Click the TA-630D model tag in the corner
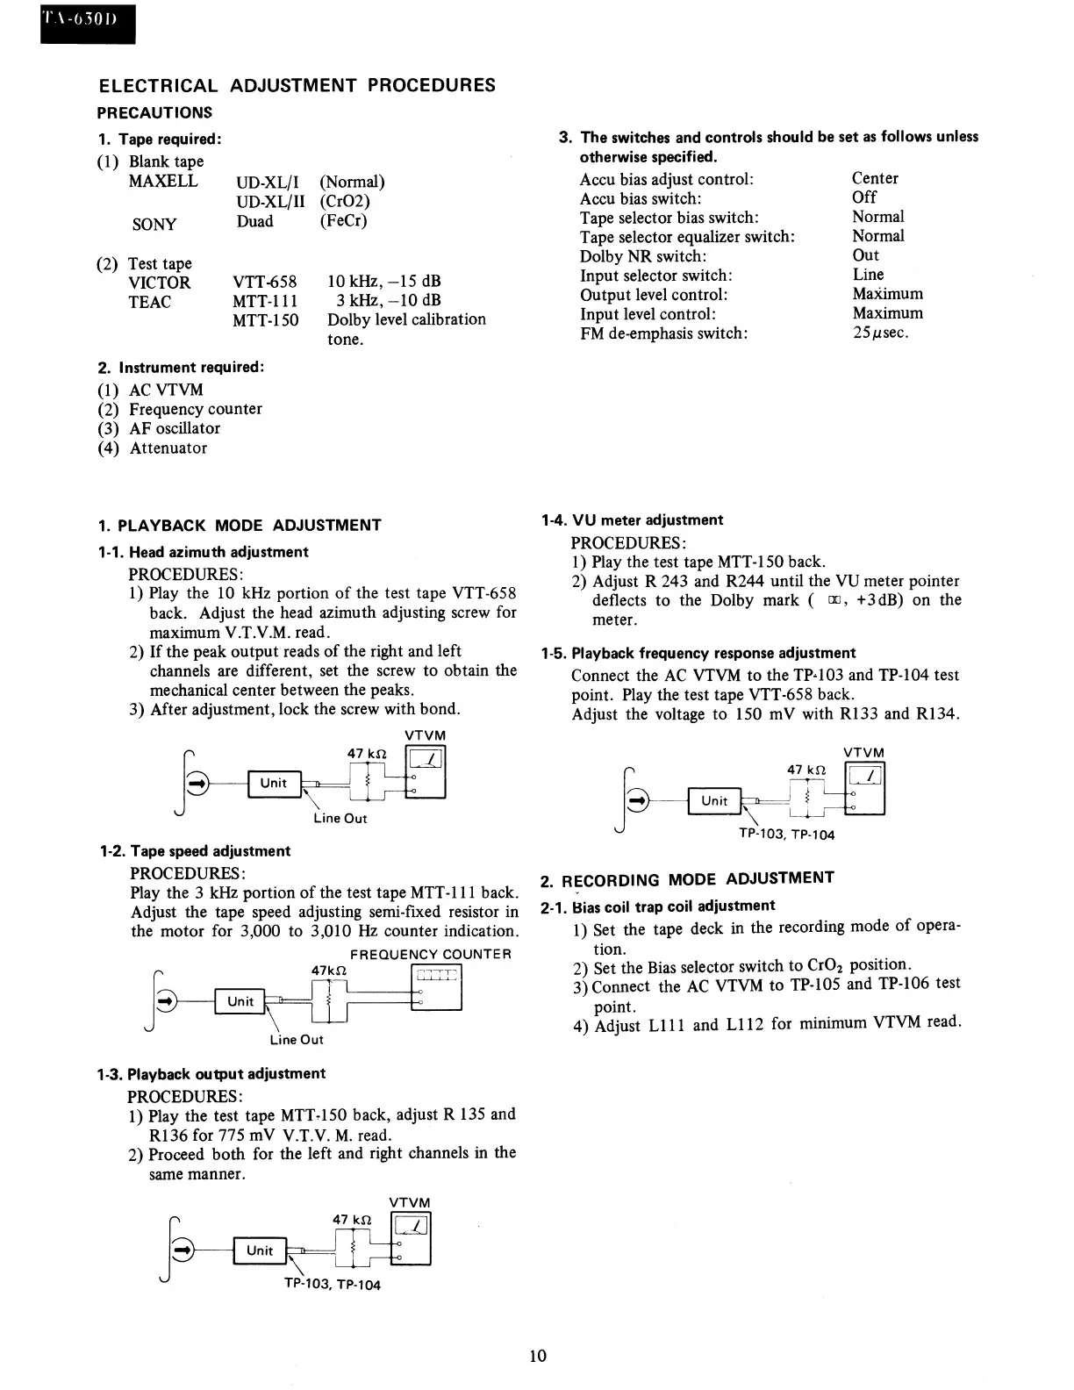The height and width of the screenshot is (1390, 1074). [x=86, y=22]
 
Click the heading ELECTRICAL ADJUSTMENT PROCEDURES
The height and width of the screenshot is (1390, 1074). [x=297, y=85]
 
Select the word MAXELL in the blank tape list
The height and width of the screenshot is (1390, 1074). [x=163, y=182]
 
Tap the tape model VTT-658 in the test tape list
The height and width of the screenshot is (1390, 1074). [x=264, y=283]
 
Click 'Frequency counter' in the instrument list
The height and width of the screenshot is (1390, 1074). [x=195, y=409]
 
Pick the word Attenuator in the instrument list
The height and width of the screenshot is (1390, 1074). [x=168, y=448]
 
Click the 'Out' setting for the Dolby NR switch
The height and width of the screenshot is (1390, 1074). [x=865, y=255]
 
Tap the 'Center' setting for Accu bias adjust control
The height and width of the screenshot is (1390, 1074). [x=875, y=178]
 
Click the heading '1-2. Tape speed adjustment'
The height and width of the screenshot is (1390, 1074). [x=194, y=851]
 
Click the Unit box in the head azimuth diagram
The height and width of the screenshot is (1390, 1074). [x=274, y=783]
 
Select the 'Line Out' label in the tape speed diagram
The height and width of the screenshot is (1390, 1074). [x=297, y=1040]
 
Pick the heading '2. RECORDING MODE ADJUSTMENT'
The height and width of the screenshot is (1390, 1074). [x=687, y=879]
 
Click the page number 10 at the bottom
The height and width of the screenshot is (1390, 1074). [x=538, y=1356]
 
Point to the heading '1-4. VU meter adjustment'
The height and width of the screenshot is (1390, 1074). [x=632, y=520]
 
